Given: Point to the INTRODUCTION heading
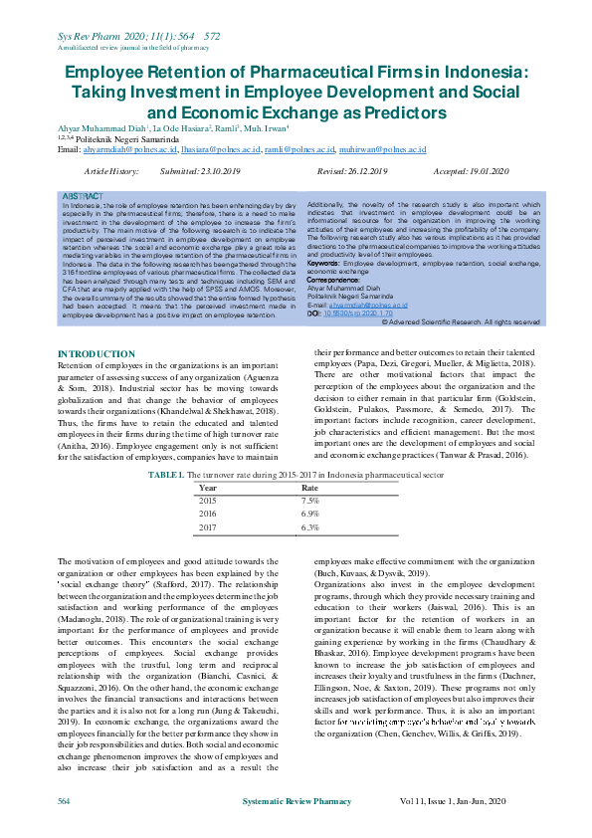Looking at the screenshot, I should point(97,354).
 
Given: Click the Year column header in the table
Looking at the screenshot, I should point(208,489).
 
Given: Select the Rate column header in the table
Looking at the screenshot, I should point(310,489).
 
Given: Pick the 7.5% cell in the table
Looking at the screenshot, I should point(310,502).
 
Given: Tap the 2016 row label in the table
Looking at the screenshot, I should point(208,515).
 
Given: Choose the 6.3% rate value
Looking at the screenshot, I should point(310,527).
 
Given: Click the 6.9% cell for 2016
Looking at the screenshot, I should point(310,515).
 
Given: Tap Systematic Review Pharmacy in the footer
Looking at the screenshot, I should point(296,801).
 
